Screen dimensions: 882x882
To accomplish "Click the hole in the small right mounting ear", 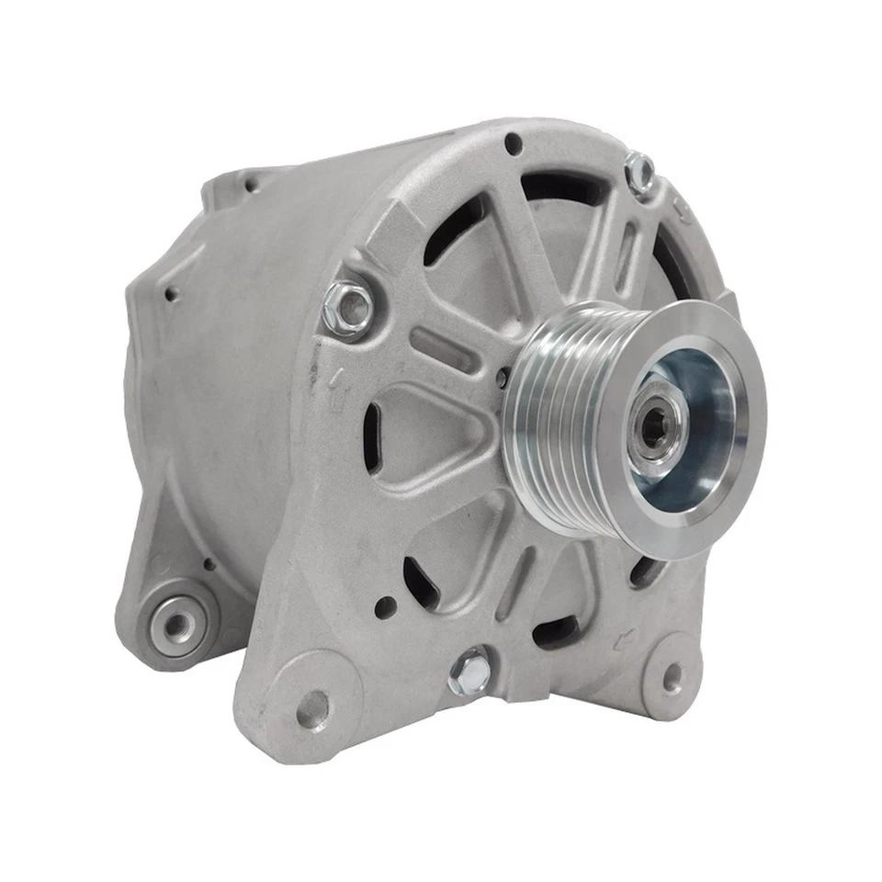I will pos(673,679).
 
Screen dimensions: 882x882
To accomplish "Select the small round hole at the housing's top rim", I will pos(514,143).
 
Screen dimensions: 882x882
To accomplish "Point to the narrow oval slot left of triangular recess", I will pos(372,438).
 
